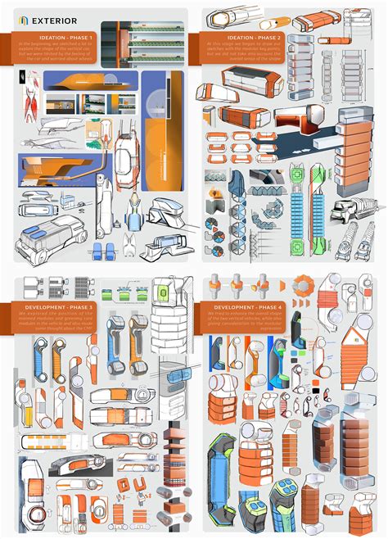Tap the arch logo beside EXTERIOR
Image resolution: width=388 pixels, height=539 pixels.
23,18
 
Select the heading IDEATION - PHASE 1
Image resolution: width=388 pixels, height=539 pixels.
70,37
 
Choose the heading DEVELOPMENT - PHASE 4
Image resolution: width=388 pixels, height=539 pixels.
232,306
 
